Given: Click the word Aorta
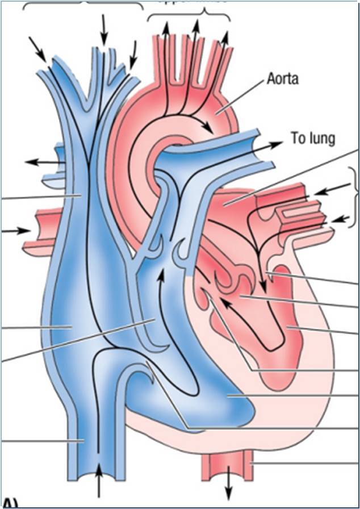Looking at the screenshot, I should [283, 79].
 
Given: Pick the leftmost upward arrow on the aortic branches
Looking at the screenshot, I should [166, 28].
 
